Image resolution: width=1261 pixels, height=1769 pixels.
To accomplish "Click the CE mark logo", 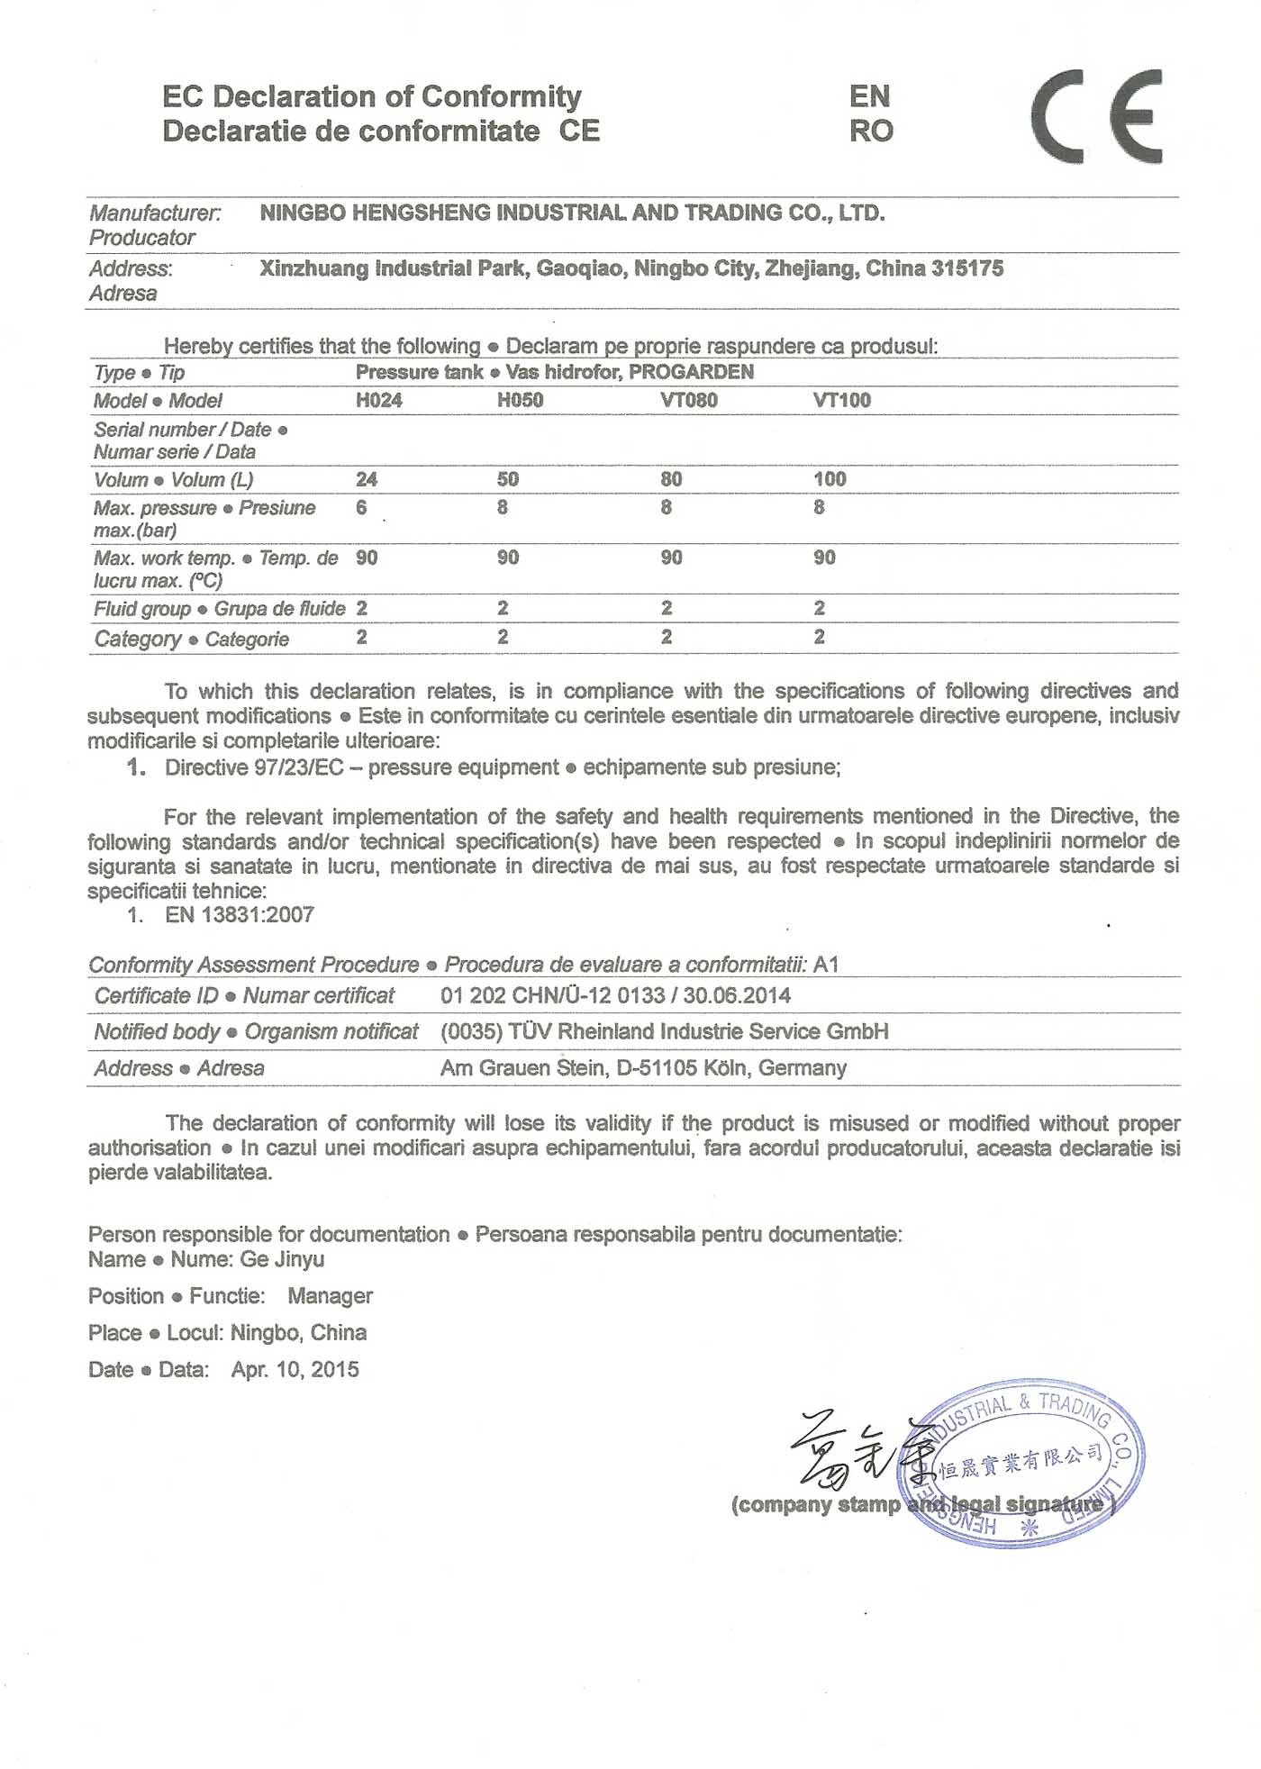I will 1096,116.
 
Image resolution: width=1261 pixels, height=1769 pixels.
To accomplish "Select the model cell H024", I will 378,401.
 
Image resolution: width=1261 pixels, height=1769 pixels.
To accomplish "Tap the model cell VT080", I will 688,401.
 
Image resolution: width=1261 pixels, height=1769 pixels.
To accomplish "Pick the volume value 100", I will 830,479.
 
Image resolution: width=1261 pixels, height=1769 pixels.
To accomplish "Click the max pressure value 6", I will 361,508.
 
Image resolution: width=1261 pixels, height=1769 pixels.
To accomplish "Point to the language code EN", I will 869,96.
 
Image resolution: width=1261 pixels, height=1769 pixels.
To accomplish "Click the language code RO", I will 870,132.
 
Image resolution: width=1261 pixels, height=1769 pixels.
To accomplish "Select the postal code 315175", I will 967,268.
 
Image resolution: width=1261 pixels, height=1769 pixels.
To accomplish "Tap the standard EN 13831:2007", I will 240,915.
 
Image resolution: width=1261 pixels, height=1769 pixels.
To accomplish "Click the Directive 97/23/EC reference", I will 254,767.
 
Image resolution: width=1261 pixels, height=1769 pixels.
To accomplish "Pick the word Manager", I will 330,1296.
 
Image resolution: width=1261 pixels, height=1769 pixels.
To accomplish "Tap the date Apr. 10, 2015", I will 295,1370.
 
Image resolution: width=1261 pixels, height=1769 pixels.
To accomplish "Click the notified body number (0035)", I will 471,1032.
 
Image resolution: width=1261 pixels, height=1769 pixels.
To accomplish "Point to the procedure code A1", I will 826,965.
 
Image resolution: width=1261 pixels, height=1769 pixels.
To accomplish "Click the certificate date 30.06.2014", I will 737,996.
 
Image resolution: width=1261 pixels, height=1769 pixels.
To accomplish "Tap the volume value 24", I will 366,479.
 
